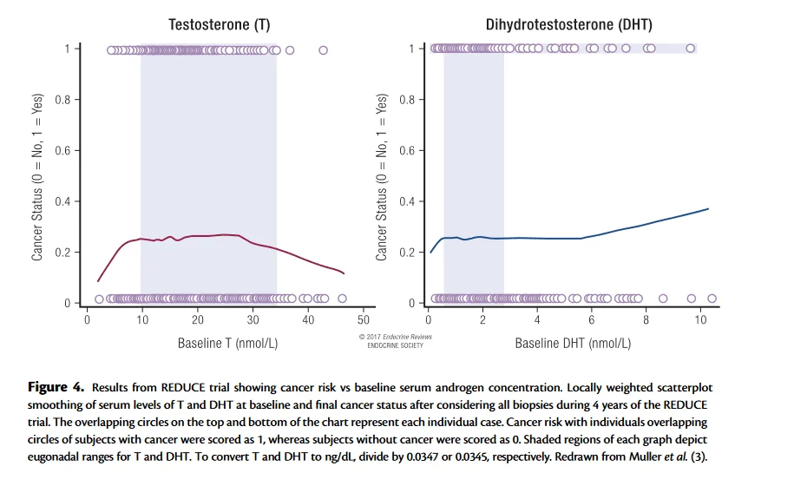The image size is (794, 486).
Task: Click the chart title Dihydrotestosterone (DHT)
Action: click(568, 24)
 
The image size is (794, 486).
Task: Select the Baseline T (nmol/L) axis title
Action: click(226, 343)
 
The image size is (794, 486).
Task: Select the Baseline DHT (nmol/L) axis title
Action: click(573, 343)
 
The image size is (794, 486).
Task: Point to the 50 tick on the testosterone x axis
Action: click(364, 319)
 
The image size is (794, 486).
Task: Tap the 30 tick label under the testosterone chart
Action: click(253, 319)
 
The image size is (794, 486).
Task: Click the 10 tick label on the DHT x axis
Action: click(701, 319)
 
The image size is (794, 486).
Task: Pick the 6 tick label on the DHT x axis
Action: click(592, 319)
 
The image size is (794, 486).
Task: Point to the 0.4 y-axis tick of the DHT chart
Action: click(409, 202)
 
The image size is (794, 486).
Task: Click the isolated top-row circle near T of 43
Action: click(324, 50)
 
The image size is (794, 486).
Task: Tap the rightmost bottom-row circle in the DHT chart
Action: click(712, 299)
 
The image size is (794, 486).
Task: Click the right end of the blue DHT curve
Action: click(708, 209)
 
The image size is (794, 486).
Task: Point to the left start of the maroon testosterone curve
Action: click(97, 281)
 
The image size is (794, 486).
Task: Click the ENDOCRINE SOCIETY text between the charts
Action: click(395, 345)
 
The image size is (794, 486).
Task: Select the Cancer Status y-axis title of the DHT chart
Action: click(382, 176)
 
